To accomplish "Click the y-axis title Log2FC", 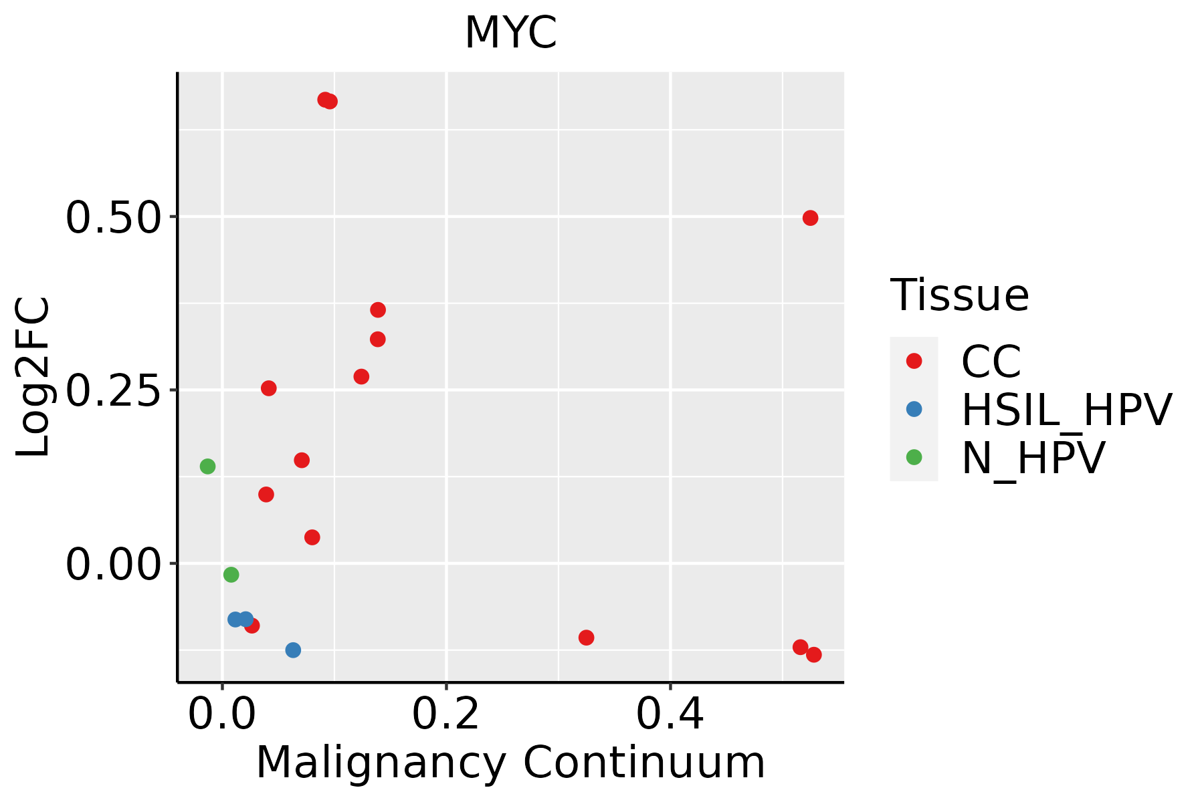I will (x=33, y=377).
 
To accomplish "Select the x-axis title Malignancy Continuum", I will (x=510, y=763).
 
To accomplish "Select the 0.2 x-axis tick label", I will (x=445, y=714).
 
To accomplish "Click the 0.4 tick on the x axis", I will (x=670, y=714).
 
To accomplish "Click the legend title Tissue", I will (x=959, y=295).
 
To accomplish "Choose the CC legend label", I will (x=991, y=362).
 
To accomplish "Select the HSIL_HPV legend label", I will (x=1066, y=410).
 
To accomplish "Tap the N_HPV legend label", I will (x=1033, y=458).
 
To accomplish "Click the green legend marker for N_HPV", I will (x=914, y=457).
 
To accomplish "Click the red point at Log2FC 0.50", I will (x=810, y=218).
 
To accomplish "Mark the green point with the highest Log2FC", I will (x=207, y=466).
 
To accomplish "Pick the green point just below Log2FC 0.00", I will (x=231, y=575).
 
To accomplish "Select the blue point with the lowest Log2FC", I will (x=293, y=650).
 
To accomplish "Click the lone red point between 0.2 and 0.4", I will (x=586, y=638).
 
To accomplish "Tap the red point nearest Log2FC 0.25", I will (x=268, y=388).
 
